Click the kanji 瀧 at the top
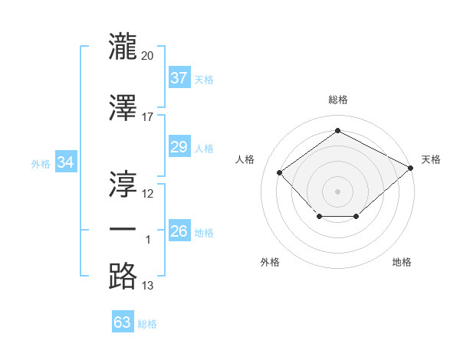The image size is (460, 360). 123,47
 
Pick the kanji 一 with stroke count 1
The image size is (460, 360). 123,230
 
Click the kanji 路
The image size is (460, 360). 123,276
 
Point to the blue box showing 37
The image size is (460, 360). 179,78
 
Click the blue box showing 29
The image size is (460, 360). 179,147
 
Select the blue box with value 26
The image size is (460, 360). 179,231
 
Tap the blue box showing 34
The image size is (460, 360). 66,162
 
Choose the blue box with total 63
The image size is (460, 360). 123,322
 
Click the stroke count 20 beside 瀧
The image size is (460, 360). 148,55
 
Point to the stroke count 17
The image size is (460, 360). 148,117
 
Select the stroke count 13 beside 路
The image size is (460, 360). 148,286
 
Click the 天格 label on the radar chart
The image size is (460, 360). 431,159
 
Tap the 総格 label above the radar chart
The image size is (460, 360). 337,100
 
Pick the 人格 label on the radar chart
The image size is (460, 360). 245,159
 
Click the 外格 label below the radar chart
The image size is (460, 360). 270,262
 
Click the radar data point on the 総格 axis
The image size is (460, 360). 337,131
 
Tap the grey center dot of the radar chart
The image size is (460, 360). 337,191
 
